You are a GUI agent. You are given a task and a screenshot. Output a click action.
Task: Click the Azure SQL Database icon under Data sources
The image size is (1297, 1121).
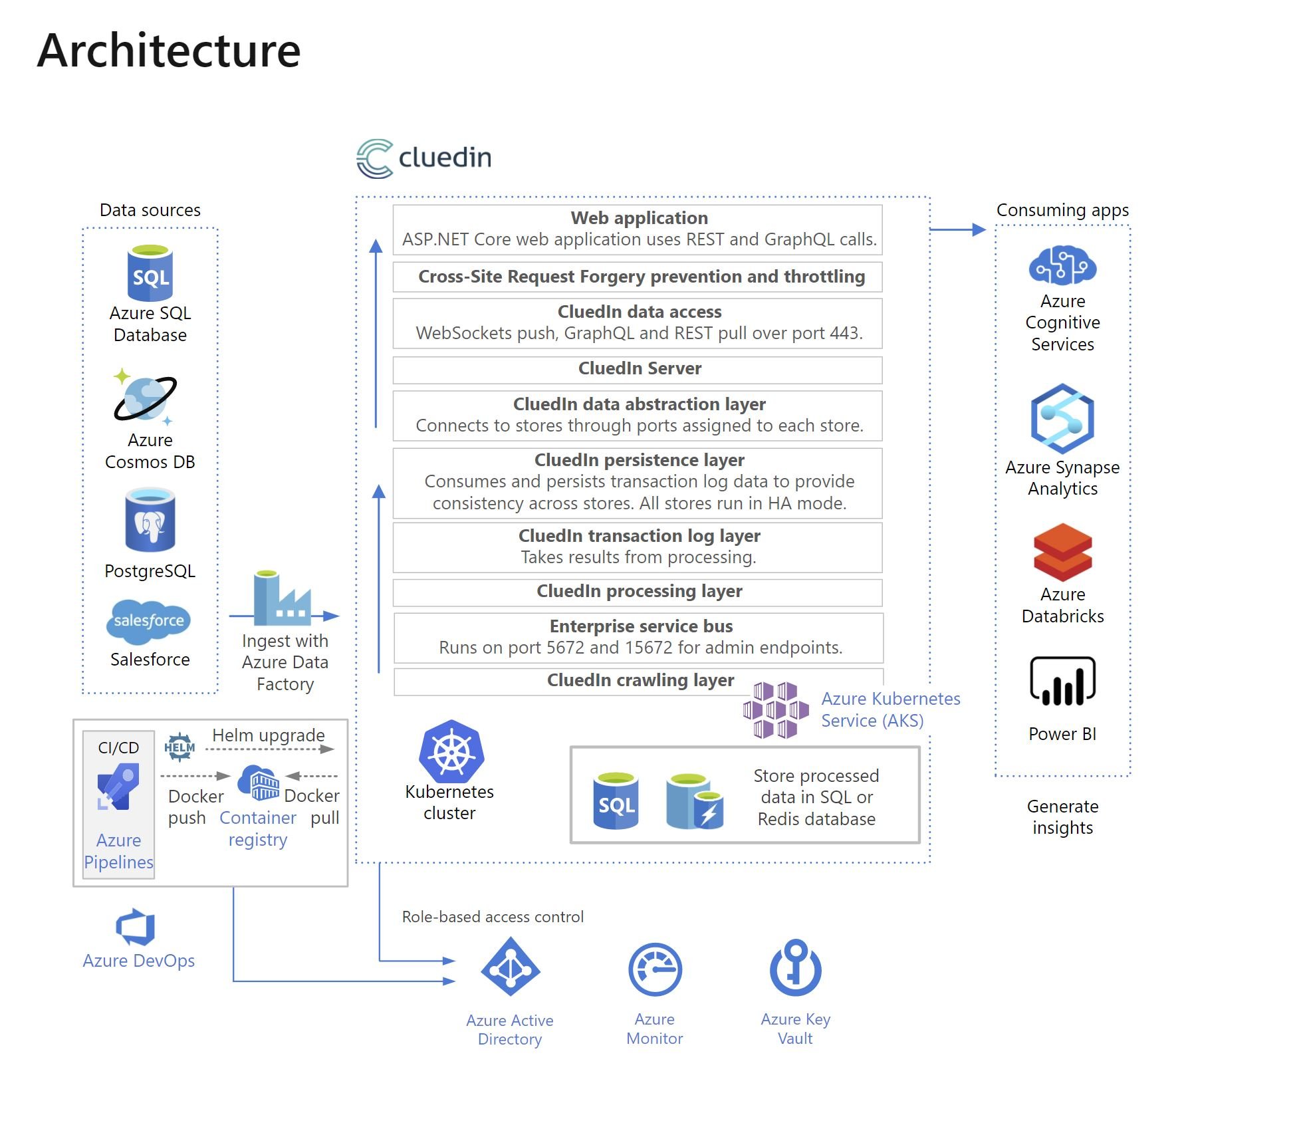[150, 273]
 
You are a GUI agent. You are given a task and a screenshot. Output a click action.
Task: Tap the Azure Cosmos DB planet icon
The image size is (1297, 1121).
[146, 398]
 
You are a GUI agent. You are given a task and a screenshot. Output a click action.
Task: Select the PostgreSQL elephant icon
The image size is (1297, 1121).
[150, 521]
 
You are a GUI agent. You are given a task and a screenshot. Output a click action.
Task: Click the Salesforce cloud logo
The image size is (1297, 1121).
[149, 621]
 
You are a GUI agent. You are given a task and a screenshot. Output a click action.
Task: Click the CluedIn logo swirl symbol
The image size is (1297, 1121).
[375, 158]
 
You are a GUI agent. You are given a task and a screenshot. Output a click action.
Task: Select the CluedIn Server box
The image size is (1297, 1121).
[638, 369]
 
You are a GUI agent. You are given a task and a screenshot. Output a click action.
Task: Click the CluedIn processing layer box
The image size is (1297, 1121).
[638, 592]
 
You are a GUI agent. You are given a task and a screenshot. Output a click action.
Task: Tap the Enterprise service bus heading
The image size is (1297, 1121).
[640, 626]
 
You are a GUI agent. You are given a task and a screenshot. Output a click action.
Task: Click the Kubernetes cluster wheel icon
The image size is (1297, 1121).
[451, 751]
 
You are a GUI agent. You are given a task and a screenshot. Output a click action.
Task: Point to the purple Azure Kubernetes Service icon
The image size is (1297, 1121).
[776, 709]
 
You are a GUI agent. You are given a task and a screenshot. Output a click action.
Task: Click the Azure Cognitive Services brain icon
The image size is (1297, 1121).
[1062, 265]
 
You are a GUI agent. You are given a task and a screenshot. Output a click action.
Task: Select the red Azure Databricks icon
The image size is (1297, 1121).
[1062, 552]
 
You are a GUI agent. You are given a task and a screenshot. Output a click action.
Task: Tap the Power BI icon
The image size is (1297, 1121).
[1062, 682]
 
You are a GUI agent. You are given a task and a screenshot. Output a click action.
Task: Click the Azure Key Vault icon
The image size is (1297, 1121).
[795, 968]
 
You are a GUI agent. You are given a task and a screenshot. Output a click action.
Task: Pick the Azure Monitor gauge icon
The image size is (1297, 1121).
[655, 969]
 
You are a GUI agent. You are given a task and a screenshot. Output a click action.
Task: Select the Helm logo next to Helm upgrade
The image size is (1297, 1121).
[179, 747]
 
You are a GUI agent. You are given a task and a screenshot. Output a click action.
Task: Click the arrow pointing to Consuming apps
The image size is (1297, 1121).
[957, 229]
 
